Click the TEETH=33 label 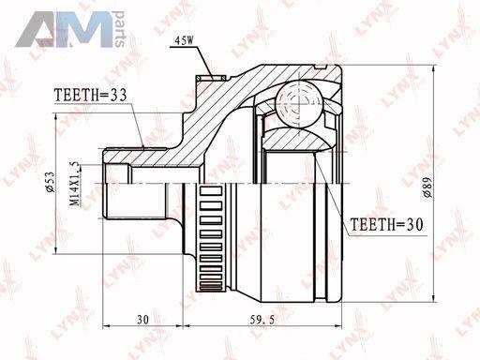pyautogui.click(x=91, y=95)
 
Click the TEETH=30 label pyautogui.click(x=386, y=224)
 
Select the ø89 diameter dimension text pyautogui.click(x=427, y=187)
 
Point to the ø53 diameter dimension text pyautogui.click(x=51, y=182)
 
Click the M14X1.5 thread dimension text pyautogui.click(x=75, y=186)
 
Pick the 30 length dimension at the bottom pyautogui.click(x=142, y=320)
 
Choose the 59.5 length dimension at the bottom pyautogui.click(x=262, y=320)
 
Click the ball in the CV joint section pyautogui.click(x=298, y=103)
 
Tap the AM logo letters pyautogui.click(x=64, y=30)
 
